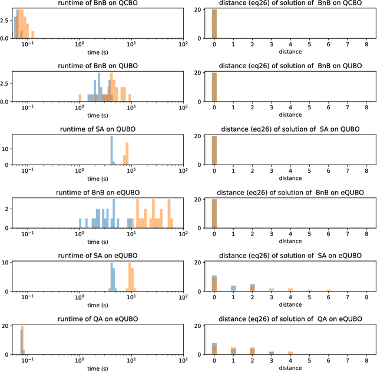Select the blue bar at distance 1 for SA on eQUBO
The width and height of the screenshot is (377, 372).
(x=233, y=289)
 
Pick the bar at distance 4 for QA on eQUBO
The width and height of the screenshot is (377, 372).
(x=290, y=353)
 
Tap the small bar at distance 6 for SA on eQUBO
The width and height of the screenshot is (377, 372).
(x=328, y=290)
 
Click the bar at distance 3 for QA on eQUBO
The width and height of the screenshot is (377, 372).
(x=272, y=353)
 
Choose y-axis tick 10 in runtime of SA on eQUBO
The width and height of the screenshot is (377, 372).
(x=6, y=263)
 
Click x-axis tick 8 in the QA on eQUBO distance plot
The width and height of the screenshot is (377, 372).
(x=366, y=361)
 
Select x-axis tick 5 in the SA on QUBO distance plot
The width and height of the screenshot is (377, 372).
(x=309, y=171)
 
